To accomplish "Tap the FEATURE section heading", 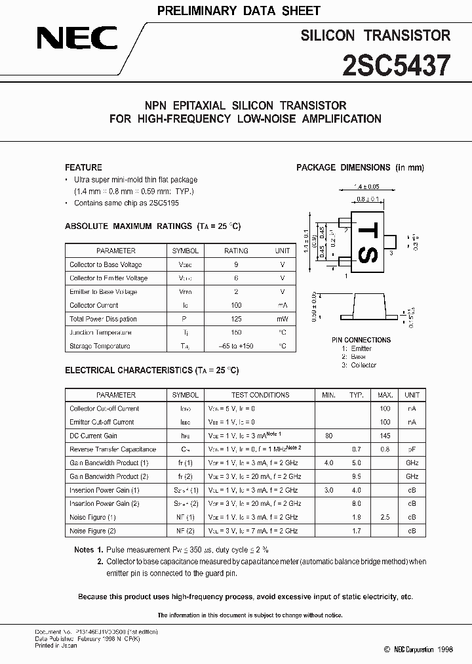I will [83, 167].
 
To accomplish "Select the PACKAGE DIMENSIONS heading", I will [360, 168].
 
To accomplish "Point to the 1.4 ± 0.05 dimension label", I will [367, 187].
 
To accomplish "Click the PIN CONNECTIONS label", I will [361, 340].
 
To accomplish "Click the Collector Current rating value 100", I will [236, 305].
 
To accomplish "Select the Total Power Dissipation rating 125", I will [236, 319].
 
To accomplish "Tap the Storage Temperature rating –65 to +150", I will [236, 346].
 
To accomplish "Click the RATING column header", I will [236, 251].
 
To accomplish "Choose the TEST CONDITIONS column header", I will [260, 395].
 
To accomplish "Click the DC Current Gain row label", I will [94, 436].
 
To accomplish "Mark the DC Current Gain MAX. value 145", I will [385, 436].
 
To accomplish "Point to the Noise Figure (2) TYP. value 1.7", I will [356, 531].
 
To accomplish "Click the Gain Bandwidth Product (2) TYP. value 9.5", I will [356, 476].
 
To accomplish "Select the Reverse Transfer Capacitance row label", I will [113, 449].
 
